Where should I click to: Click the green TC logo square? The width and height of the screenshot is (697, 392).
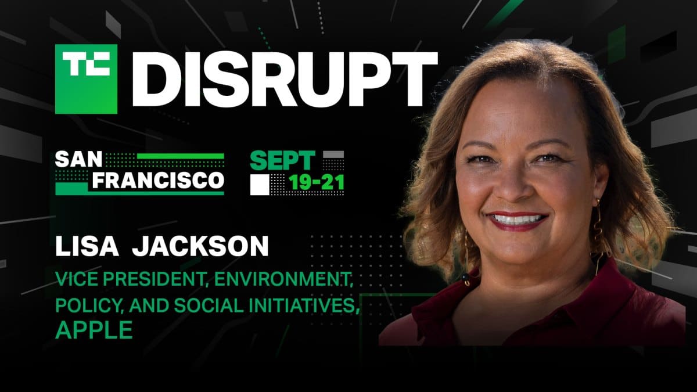pos(86,78)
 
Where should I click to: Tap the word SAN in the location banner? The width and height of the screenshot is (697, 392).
pos(76,160)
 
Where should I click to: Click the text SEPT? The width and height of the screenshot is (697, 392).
pos(283,161)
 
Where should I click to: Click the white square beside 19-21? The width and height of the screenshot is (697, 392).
pos(260,184)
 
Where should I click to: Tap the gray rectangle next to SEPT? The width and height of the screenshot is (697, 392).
pos(333,155)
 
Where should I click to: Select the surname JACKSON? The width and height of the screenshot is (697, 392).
pos(200,246)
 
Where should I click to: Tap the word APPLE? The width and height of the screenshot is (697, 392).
pos(94,330)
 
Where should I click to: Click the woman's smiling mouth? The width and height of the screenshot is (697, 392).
pos(516,221)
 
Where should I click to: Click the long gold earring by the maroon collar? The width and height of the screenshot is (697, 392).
pos(598,232)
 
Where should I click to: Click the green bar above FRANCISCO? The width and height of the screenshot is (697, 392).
pos(180,156)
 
